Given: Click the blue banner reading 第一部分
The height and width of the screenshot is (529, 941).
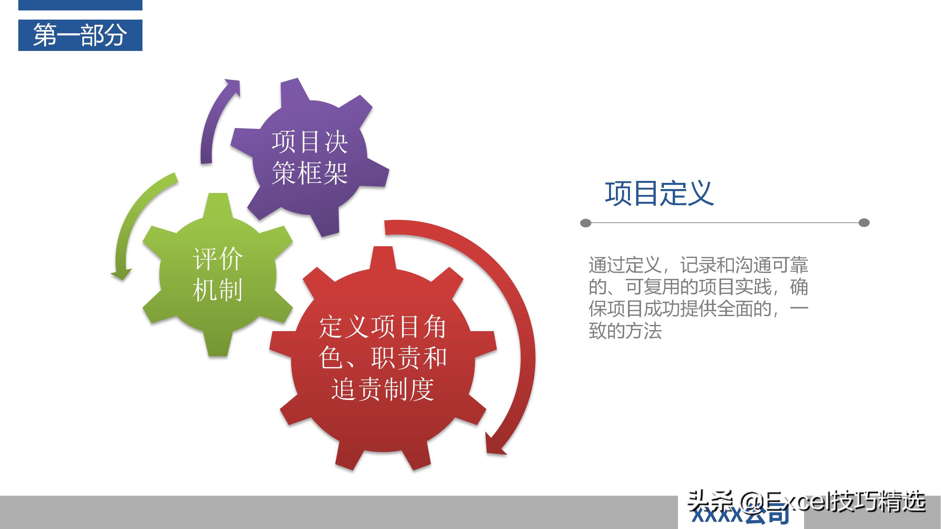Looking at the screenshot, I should [80, 35].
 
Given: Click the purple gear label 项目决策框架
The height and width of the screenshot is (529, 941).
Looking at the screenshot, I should [309, 158].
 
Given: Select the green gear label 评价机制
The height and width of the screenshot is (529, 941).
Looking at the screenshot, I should [218, 275].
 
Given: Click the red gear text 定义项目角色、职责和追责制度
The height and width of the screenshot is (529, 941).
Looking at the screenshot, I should [383, 358].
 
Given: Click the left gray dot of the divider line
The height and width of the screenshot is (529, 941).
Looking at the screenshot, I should [586, 223].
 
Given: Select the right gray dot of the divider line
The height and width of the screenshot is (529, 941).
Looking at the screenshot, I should [864, 223].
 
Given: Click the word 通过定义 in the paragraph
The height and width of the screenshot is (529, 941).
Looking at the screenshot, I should [625, 265].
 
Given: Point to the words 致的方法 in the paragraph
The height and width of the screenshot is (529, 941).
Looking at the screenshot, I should [625, 331].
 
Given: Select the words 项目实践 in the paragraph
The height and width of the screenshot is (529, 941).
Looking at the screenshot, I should [735, 287].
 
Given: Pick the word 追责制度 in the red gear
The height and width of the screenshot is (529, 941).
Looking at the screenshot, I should [383, 390].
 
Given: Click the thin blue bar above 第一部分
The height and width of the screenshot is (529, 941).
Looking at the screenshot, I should [80, 5].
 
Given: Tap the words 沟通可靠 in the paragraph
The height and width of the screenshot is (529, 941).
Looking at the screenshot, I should [771, 265].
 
